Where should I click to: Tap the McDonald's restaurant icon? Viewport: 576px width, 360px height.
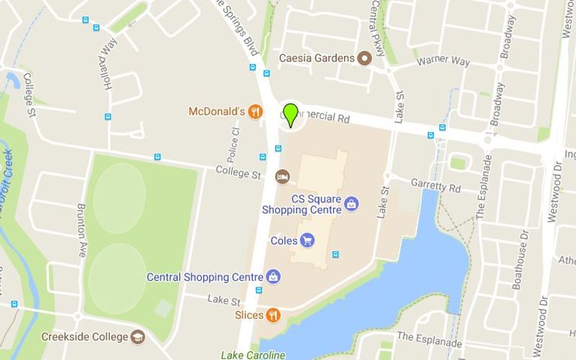(x=255, y=112)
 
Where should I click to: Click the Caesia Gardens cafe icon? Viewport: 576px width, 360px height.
(x=364, y=58)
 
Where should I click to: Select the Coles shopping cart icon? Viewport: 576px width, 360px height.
(x=307, y=240)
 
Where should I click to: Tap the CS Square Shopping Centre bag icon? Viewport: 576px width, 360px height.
(x=351, y=204)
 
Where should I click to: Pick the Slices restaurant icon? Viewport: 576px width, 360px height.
(x=273, y=315)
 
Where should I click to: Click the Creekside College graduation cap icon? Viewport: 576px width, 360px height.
(x=138, y=336)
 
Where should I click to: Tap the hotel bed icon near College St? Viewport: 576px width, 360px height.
(x=283, y=176)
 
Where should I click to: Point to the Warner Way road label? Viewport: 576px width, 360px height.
(x=444, y=63)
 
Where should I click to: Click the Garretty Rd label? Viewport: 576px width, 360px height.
(x=435, y=185)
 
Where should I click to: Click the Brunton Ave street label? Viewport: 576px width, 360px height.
(x=81, y=225)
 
